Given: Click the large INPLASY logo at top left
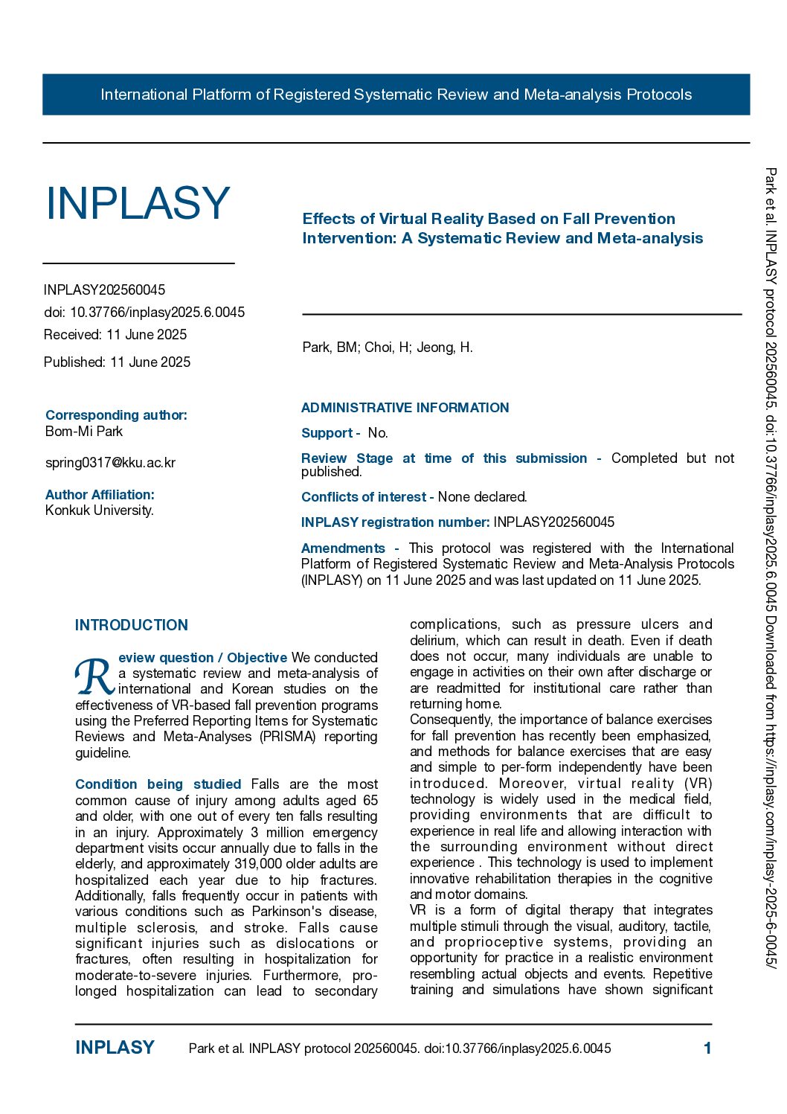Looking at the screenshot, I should tap(138, 203).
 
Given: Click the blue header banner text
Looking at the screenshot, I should tap(396, 95).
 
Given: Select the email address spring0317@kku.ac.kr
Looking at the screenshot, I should tap(110, 463).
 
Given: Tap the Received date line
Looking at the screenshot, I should tap(115, 335).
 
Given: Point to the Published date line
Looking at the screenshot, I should tap(117, 362).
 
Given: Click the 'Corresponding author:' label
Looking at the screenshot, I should tap(116, 415).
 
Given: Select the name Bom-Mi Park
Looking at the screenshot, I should tap(84, 432).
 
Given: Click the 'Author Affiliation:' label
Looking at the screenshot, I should tap(100, 495).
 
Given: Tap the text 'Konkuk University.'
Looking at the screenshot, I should tap(100, 510).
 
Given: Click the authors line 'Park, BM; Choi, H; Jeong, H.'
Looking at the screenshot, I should tap(388, 348).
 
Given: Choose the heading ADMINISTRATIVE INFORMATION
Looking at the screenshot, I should tap(405, 408).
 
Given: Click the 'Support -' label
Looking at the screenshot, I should tap(330, 433).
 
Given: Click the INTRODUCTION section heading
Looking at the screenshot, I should tap(132, 625).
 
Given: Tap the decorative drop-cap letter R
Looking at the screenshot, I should tap(94, 676).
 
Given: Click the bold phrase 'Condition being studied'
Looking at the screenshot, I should tap(158, 784).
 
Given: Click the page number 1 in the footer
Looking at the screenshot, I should tap(707, 1049).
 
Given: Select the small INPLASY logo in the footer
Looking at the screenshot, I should tap(115, 1048).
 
